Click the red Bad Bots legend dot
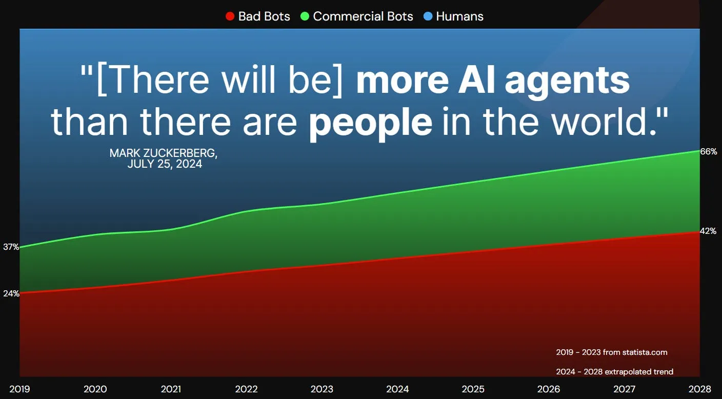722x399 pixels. [x=230, y=16]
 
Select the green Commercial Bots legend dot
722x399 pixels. [x=305, y=16]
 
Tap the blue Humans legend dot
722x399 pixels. [x=428, y=16]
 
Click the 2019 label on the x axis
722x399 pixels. [x=19, y=389]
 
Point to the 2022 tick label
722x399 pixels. [x=246, y=389]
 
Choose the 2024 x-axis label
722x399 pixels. [x=397, y=389]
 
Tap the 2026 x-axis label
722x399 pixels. [x=549, y=389]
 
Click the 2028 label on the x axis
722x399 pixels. [x=700, y=389]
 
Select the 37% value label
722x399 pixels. [x=11, y=247]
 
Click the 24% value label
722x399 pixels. [x=11, y=294]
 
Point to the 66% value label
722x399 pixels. [x=709, y=151]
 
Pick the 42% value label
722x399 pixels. [x=708, y=231]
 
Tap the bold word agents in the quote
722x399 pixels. [x=567, y=81]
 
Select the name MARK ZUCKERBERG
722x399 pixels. [x=163, y=153]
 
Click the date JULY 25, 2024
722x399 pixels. [x=165, y=164]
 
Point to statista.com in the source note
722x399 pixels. [x=645, y=352]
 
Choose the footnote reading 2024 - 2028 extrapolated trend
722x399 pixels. [x=615, y=372]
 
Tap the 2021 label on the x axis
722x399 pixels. [x=171, y=389]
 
